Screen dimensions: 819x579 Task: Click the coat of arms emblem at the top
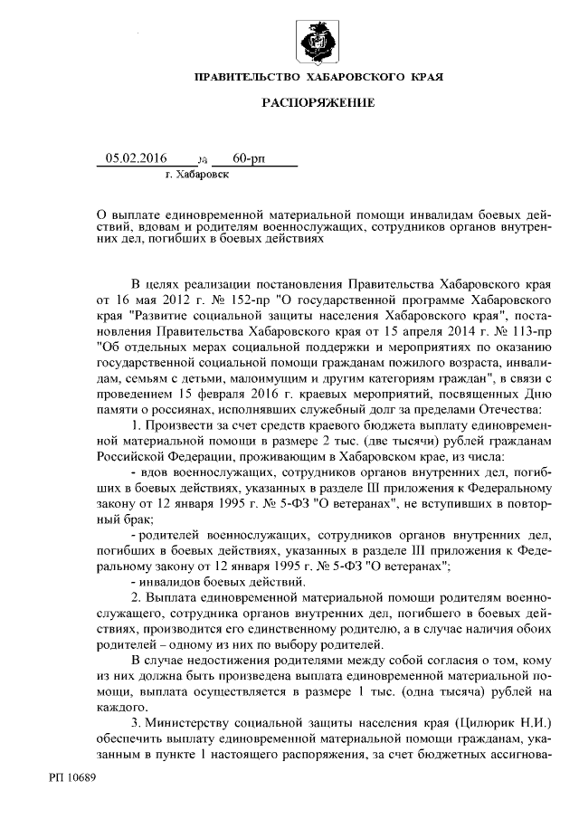[x=318, y=43]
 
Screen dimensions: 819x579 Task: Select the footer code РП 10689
[x=73, y=777]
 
